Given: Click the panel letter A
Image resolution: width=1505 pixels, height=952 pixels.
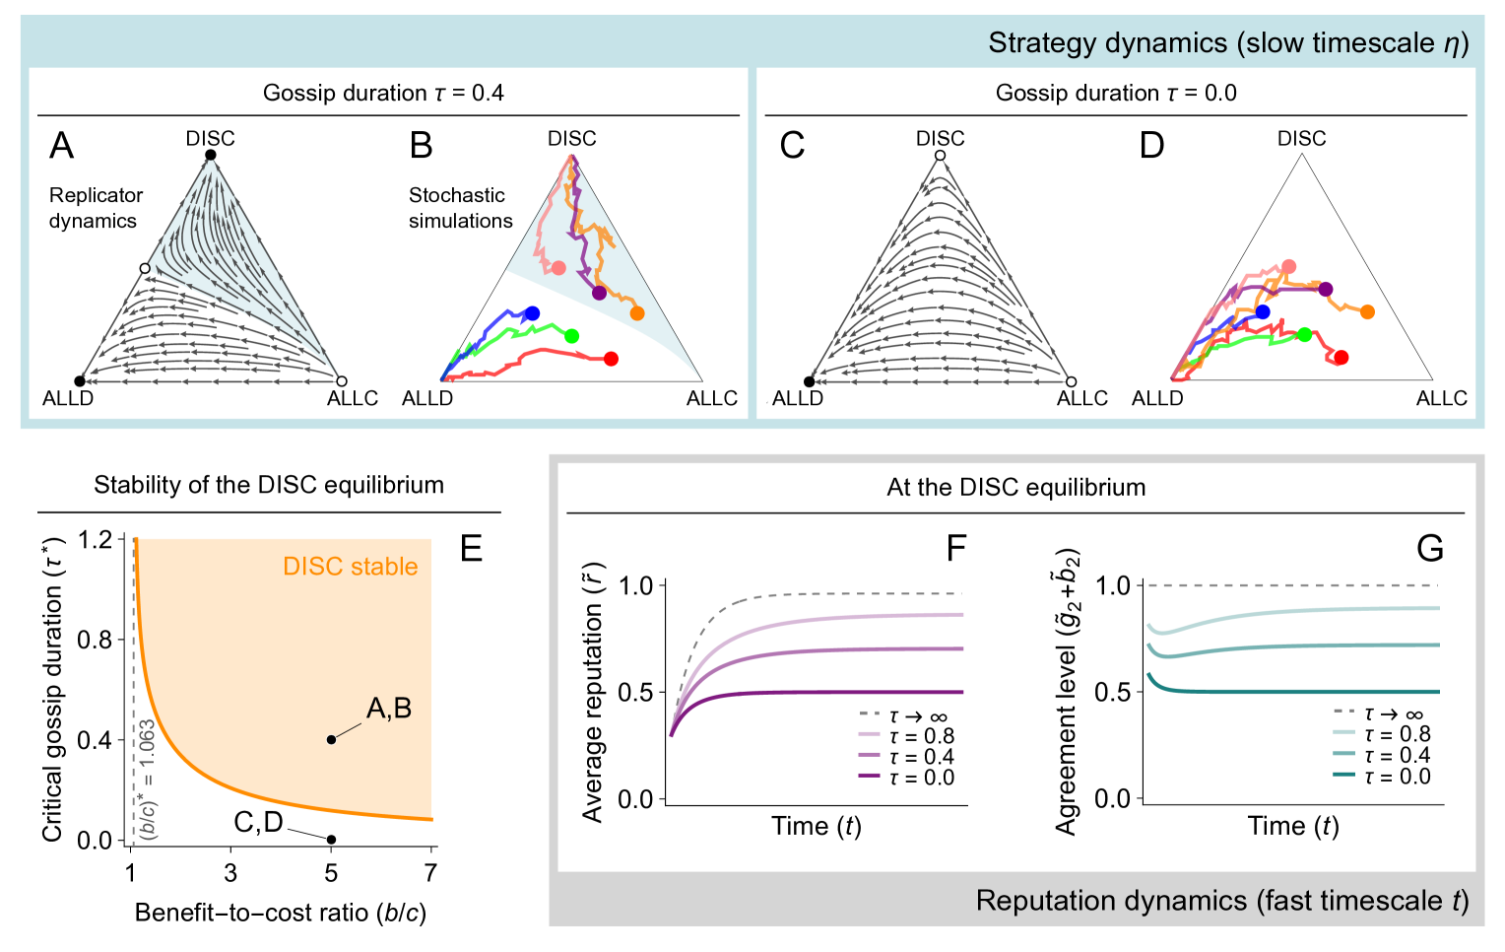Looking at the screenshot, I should point(61,146).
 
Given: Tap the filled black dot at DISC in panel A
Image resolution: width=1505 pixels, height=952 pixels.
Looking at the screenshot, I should point(210,156).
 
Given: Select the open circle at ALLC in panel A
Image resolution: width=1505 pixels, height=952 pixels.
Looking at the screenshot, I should point(342,381).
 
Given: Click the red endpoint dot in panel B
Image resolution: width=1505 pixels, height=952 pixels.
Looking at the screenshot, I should point(611,359).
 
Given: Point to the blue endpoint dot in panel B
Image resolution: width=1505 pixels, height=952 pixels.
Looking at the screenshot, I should point(532,313).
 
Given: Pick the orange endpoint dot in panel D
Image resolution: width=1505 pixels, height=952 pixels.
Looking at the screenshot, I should point(1367,312).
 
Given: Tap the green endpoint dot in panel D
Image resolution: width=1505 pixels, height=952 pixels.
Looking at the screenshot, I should point(1304,335).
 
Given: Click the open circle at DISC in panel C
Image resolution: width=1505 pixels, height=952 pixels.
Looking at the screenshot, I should point(940,156).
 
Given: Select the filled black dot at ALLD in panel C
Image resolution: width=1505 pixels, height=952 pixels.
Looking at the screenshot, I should point(810,381).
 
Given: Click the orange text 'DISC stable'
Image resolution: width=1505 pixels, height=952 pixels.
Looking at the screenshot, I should point(350,567).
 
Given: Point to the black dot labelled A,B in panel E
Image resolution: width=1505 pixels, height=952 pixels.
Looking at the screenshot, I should point(332,739).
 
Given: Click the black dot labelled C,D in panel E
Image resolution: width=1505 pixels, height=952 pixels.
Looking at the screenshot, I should point(332,840).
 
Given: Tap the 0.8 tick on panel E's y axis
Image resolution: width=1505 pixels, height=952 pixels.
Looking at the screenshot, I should point(96,640).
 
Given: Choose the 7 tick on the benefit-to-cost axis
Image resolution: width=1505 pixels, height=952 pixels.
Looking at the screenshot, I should point(430,872).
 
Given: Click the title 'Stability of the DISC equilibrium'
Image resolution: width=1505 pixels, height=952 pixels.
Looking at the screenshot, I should point(269,485).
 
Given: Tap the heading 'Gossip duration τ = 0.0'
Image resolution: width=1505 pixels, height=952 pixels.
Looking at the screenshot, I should point(1115,93).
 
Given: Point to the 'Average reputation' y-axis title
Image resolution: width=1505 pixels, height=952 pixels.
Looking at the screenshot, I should point(592,695).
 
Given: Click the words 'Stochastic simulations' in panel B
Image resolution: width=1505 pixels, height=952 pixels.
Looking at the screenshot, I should point(460,208).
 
